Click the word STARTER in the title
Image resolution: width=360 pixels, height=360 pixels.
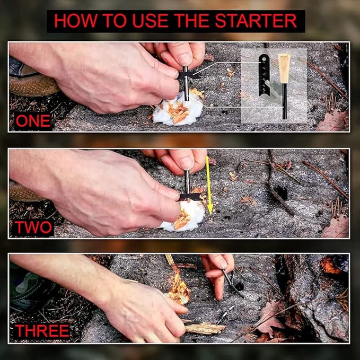pyautogui.click(x=256, y=21)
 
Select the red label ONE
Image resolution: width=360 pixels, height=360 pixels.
pyautogui.click(x=33, y=121)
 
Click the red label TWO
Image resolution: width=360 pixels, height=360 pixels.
pyautogui.click(x=33, y=227)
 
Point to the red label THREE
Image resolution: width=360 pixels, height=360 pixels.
pyautogui.click(x=42, y=331)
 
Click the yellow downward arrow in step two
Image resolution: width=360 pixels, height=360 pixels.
pyautogui.click(x=209, y=185)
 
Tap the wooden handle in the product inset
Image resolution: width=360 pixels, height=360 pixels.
pyautogui.click(x=284, y=68)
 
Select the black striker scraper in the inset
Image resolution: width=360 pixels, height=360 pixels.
pyautogui.click(x=264, y=75)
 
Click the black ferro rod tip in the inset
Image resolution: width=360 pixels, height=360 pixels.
pyautogui.click(x=285, y=101)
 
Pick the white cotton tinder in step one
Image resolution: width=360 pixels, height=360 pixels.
pyautogui.click(x=178, y=111)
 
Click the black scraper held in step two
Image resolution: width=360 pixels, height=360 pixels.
pyautogui.click(x=190, y=197)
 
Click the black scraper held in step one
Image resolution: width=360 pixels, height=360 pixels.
pyautogui.click(x=189, y=75)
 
